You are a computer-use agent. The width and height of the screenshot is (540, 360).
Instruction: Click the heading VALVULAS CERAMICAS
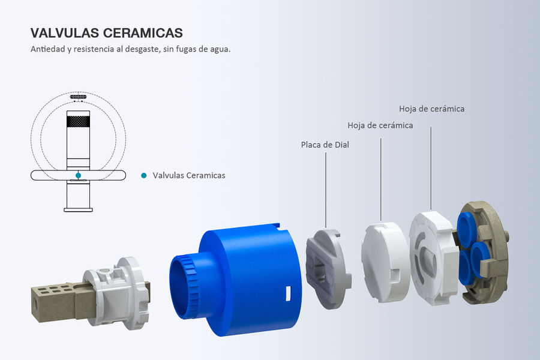(x=106, y=33)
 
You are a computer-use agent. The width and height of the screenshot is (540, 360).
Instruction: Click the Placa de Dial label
(x=325, y=145)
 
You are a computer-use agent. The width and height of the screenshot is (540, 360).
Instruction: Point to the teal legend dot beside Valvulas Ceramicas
(x=144, y=175)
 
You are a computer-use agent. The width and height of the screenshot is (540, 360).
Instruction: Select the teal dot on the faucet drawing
(x=78, y=175)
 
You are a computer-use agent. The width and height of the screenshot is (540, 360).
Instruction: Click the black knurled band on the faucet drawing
(x=78, y=121)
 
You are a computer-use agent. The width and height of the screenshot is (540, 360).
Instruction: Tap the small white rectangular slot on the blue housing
(x=288, y=293)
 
